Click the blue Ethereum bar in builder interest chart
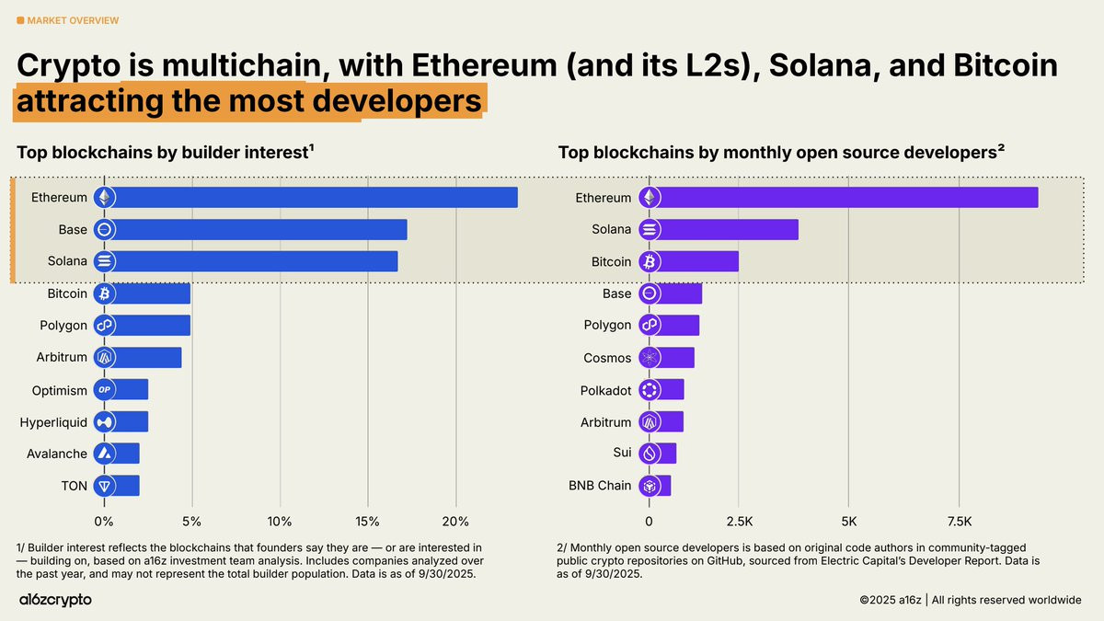[x=313, y=198]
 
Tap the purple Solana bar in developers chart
[x=727, y=230]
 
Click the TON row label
[x=74, y=486]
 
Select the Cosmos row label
[x=607, y=358]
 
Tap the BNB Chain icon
[x=650, y=486]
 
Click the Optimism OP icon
[x=104, y=390]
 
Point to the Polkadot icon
[x=650, y=390]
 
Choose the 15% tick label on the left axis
[x=367, y=522]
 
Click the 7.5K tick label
[x=959, y=522]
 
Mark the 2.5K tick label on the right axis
[x=739, y=522]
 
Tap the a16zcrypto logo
[x=55, y=600]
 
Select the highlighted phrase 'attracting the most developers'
[x=248, y=101]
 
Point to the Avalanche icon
[x=104, y=454]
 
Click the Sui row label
[x=622, y=454]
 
